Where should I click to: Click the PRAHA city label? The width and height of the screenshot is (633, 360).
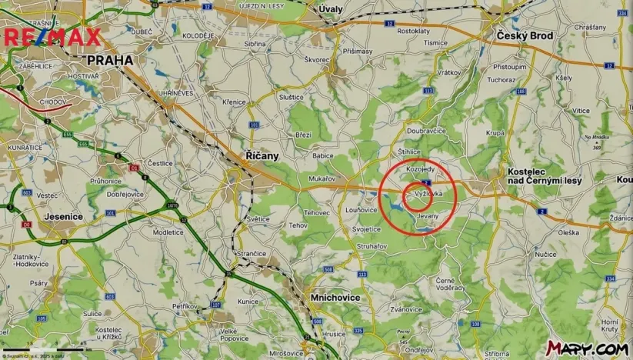(109, 59)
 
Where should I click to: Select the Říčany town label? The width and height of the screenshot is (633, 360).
(262, 155)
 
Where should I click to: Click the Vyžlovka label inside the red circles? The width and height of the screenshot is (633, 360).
(428, 195)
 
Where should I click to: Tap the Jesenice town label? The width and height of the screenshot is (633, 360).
(64, 217)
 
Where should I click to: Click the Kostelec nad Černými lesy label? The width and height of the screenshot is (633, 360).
(545, 175)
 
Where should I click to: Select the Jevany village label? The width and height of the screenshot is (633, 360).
(427, 216)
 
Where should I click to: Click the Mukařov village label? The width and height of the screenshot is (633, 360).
(321, 178)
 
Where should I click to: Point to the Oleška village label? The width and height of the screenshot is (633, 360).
(568, 232)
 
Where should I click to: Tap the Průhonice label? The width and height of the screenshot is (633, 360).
(105, 181)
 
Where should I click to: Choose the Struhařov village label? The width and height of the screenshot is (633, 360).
(371, 245)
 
